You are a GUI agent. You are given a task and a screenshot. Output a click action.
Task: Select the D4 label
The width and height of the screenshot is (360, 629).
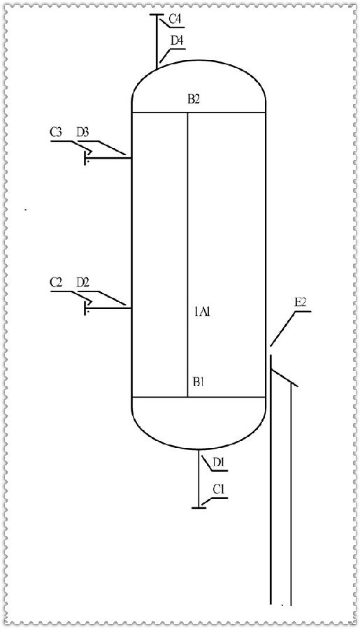click(x=177, y=41)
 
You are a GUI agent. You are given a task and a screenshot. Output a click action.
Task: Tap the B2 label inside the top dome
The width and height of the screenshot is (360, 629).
click(x=194, y=100)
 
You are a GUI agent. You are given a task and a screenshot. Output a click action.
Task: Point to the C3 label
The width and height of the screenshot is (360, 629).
click(x=57, y=133)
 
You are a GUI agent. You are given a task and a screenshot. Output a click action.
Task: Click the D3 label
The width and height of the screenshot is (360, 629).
click(x=82, y=133)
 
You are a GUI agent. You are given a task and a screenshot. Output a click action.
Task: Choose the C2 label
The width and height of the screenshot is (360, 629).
click(x=57, y=283)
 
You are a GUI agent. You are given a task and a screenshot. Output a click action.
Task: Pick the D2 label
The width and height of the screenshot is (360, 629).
click(x=82, y=283)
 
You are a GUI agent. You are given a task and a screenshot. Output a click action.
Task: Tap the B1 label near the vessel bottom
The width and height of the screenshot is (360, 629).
click(x=199, y=382)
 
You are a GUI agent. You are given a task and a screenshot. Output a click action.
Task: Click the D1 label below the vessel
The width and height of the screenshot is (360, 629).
click(x=219, y=462)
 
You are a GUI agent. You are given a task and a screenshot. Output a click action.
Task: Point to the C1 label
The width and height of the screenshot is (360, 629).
click(x=219, y=490)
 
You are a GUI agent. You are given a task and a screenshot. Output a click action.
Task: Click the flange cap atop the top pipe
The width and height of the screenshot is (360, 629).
click(x=157, y=15)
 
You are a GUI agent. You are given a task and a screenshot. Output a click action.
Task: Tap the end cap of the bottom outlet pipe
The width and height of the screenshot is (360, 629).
click(x=199, y=508)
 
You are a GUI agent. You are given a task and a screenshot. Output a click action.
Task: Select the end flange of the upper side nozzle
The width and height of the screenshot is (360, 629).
click(x=85, y=158)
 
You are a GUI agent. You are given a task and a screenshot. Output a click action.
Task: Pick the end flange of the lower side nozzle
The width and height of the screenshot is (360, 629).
click(x=85, y=308)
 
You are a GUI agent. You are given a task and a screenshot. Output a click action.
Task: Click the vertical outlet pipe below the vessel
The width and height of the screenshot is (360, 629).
click(x=199, y=478)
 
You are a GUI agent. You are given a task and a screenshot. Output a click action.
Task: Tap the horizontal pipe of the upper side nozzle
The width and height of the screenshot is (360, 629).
click(x=109, y=158)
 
